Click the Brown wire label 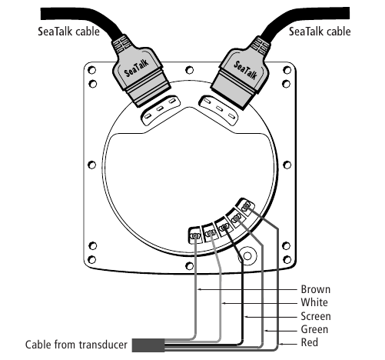coord(315,289)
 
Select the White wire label coord(314,302)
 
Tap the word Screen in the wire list coord(316,316)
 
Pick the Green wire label coord(314,329)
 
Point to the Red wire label coord(310,342)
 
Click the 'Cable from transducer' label coord(76,345)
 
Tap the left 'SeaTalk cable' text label coord(68,32)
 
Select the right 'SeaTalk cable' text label coord(320,32)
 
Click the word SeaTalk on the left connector coord(137,68)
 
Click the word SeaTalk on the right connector coord(245,69)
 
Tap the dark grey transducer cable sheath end coord(148,345)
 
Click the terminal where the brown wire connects coord(195,235)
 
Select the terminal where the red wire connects coord(245,206)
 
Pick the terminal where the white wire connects coord(210,233)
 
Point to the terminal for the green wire coord(236,219)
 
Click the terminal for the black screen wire coord(224,227)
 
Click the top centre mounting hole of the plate coord(189,70)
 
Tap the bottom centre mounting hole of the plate coord(189,266)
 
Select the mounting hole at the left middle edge coord(91,165)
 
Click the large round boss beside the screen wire coord(247,256)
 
